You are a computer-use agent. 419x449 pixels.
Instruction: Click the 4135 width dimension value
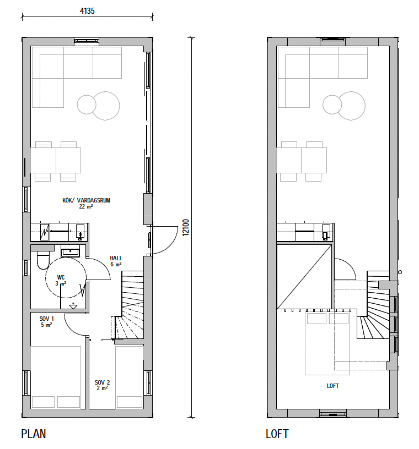[x=87, y=11]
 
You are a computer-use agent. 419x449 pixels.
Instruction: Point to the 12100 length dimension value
[x=186, y=227]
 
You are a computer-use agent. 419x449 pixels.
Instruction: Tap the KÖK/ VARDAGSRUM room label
[x=86, y=200]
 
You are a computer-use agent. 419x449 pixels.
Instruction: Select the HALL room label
[x=116, y=258]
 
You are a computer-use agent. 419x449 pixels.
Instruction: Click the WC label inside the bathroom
[x=61, y=277]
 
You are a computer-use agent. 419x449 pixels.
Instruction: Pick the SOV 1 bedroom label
[x=46, y=319]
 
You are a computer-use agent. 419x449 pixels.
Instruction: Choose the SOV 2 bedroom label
[x=102, y=382]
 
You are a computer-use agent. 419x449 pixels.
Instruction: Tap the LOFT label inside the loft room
[x=332, y=386]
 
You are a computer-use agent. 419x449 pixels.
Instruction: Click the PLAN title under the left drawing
[x=34, y=434]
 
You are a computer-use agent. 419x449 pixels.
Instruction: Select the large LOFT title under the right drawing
[x=277, y=434]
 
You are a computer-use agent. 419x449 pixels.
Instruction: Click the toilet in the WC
[x=43, y=261]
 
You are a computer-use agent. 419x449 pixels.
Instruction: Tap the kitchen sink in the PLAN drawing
[x=80, y=232]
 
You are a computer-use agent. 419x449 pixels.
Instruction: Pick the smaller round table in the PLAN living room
[x=87, y=105]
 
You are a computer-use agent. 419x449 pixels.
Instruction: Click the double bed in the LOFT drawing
[x=327, y=343]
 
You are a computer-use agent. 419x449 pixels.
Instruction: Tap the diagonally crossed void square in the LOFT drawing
[x=304, y=277]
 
